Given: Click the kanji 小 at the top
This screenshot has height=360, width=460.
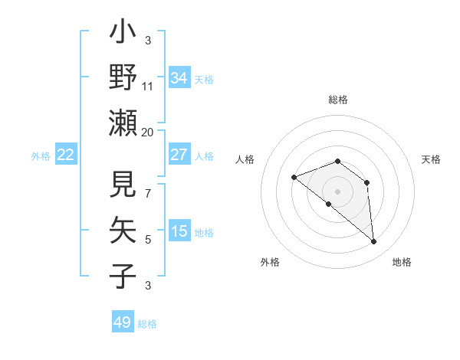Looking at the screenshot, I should click(123, 34).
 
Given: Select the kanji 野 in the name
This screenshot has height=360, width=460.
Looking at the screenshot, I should click(123, 77).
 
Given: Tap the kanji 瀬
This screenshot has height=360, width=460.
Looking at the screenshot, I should click(123, 123).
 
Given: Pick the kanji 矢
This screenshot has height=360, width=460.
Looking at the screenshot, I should click(123, 231).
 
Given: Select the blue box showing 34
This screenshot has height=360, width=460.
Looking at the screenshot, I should click(179, 77).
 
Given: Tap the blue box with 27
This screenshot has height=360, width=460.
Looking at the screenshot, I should click(179, 154).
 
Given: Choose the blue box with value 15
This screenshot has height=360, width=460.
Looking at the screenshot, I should click(179, 231).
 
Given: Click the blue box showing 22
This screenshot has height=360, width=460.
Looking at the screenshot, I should click(65, 155).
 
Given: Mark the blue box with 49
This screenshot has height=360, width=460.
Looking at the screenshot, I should click(122, 322).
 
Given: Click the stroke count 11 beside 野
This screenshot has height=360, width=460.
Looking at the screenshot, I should click(148, 86).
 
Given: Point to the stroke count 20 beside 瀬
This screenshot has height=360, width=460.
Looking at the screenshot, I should click(148, 132).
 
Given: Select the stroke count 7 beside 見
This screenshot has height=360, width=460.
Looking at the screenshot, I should click(148, 185).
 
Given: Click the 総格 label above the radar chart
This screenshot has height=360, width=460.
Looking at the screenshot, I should click(337, 100).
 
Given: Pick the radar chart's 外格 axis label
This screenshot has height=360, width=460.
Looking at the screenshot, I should click(270, 262).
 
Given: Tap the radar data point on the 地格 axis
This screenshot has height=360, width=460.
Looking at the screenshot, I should click(374, 242).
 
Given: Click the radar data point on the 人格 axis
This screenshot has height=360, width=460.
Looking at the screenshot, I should click(294, 178).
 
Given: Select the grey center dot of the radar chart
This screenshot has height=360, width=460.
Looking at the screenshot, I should click(337, 191).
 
